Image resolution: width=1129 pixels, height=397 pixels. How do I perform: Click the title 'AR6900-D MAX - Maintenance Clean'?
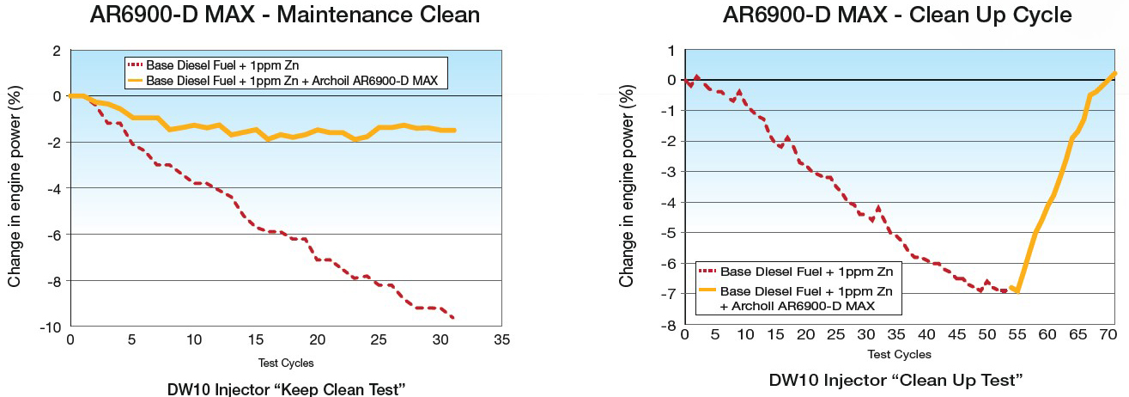pos(285,15)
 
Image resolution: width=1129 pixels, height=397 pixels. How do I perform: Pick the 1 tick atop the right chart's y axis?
pos(671,50)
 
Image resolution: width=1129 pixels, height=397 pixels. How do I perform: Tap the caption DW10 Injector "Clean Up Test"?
pos(896,379)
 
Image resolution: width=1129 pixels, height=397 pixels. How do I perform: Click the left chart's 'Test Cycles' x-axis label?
pos(285,363)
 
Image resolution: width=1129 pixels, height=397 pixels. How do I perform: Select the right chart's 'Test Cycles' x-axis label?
pos(899,353)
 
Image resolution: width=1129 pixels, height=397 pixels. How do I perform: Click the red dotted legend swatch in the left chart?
pos(137,65)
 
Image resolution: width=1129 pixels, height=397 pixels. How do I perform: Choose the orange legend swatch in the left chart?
pos(137,80)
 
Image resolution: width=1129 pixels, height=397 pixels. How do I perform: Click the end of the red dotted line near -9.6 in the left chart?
pos(452,318)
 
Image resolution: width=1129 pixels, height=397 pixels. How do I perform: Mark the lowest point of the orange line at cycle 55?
pos(1017,292)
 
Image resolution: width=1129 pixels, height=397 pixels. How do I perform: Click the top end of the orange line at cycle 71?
pos(1114,73)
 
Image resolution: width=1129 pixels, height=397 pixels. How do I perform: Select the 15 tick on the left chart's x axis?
pos(255,339)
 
